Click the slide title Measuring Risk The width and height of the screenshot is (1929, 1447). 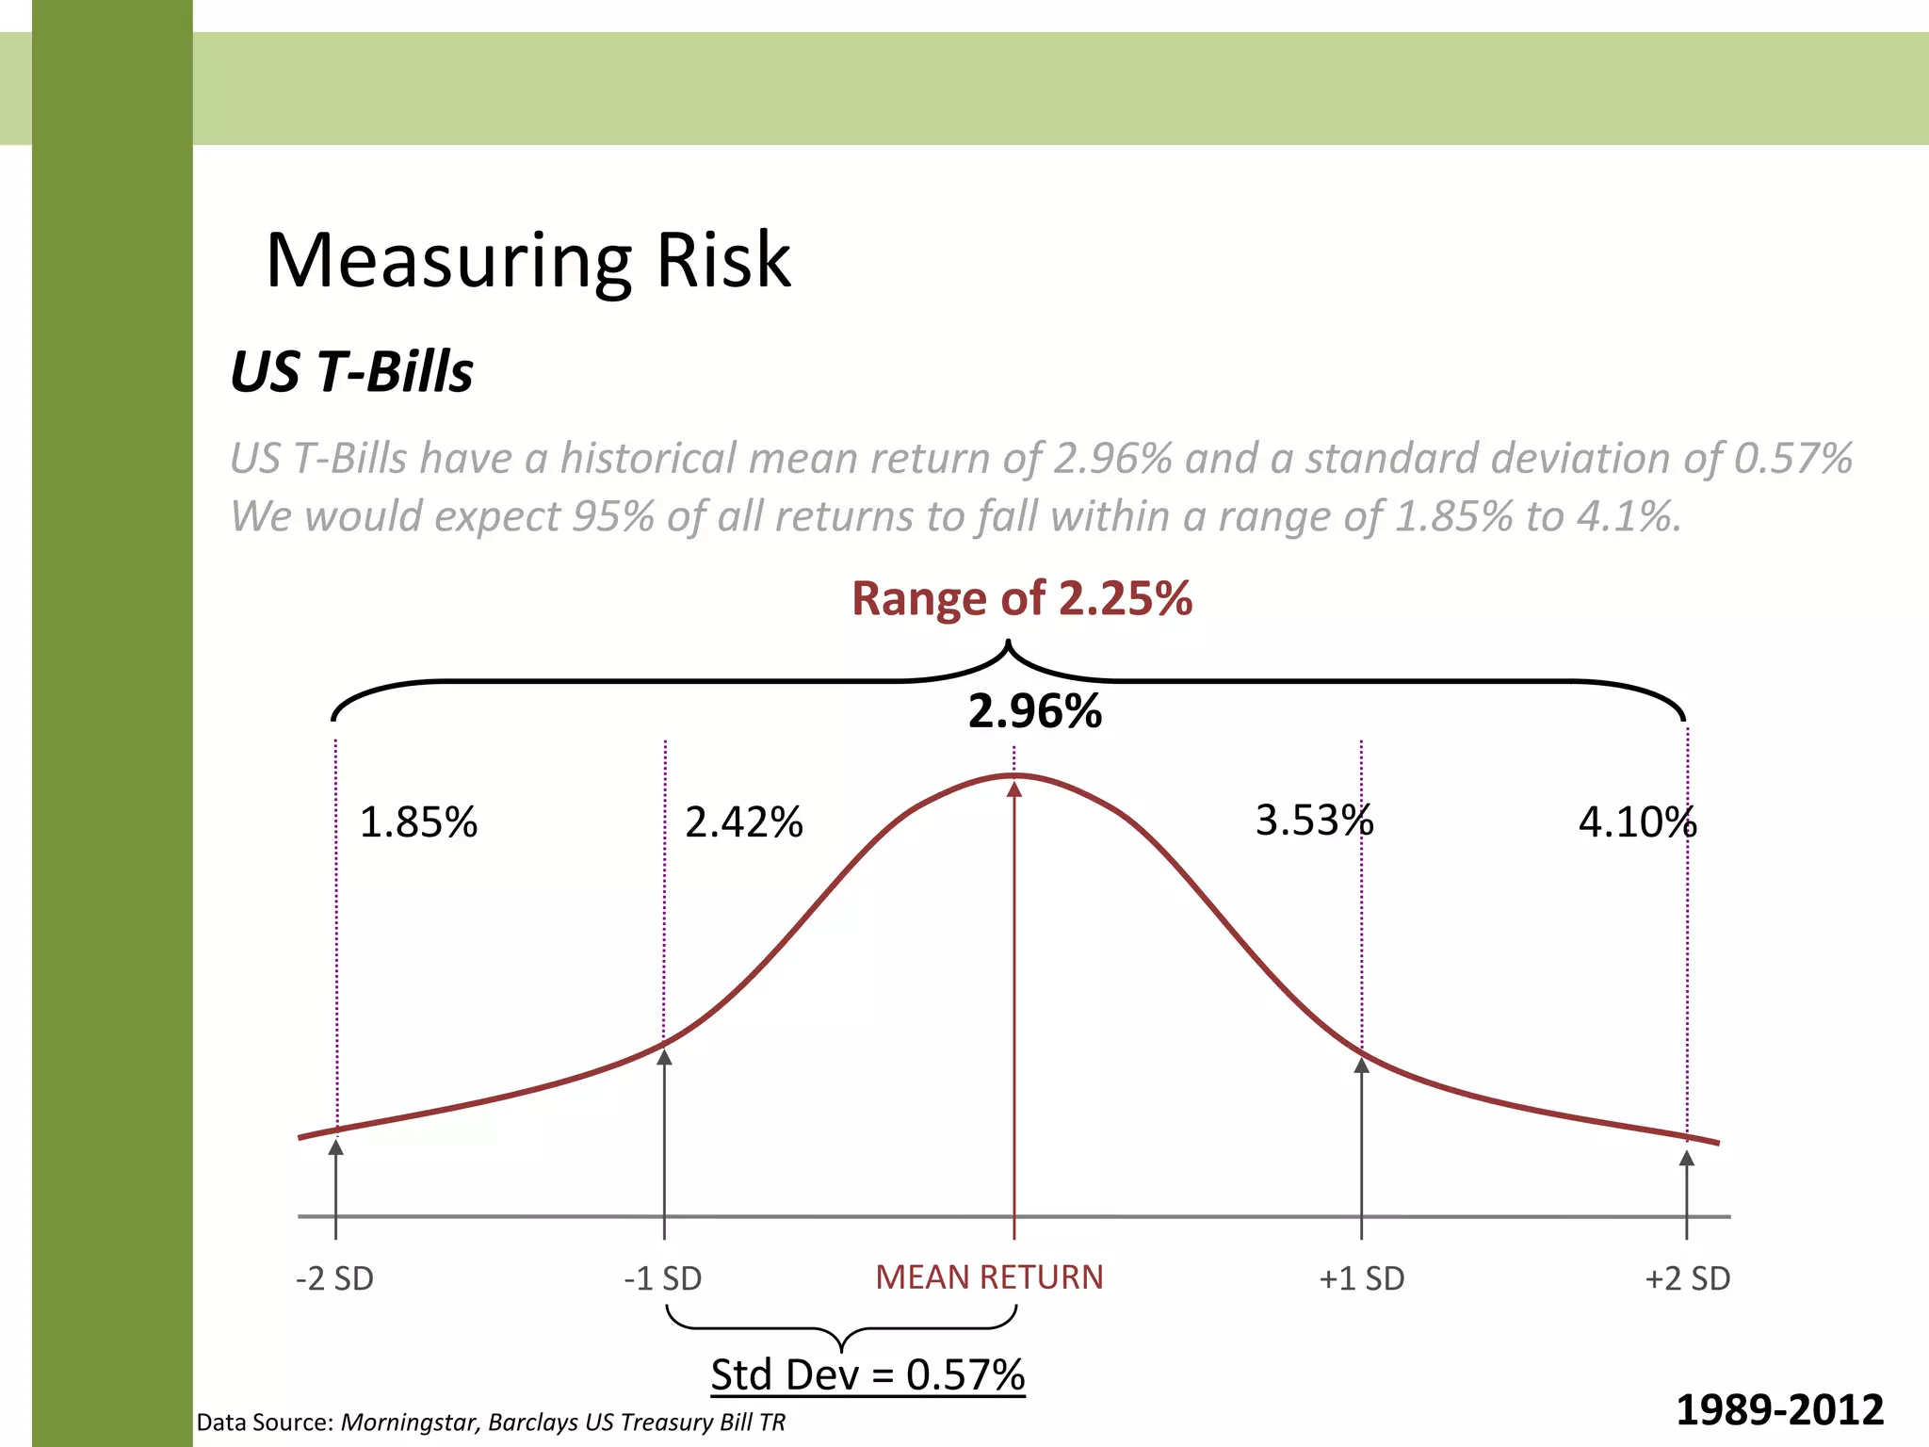click(527, 260)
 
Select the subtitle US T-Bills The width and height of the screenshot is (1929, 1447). click(351, 371)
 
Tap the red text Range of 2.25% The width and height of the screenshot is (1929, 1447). click(1021, 598)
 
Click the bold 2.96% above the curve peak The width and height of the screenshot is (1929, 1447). click(1034, 711)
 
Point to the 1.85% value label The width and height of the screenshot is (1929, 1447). click(418, 822)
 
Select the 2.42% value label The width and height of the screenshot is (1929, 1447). click(743, 822)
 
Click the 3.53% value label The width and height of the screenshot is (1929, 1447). click(1314, 821)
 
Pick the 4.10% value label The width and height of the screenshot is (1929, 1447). click(1637, 822)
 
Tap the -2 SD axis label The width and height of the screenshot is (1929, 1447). click(334, 1278)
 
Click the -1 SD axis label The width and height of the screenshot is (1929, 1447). click(663, 1278)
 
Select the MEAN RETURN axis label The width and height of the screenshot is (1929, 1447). click(989, 1277)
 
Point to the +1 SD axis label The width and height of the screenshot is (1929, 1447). click(1361, 1278)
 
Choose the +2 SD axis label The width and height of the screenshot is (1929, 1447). click(1687, 1278)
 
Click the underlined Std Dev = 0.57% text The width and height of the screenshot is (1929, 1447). click(867, 1374)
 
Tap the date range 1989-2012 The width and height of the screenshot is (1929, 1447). click(1779, 1410)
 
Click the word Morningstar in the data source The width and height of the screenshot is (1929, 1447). click(411, 1423)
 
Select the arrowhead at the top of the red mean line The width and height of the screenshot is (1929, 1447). click(1014, 789)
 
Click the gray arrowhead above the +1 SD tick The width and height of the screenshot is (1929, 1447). click(1361, 1065)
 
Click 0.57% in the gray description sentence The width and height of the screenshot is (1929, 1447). click(1792, 459)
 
